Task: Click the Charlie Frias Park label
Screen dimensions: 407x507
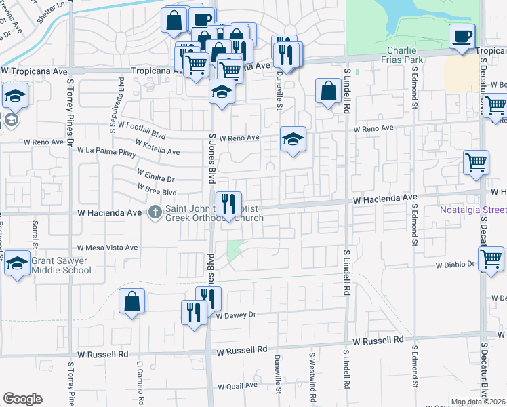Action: [x=405, y=55]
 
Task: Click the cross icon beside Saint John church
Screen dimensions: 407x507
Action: [x=155, y=213]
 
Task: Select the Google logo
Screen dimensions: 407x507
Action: [x=22, y=399]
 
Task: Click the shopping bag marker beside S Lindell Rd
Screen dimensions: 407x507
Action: [x=328, y=92]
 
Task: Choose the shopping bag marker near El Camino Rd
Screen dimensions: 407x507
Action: [x=131, y=301]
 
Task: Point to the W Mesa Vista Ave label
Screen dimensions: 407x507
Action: [x=108, y=248]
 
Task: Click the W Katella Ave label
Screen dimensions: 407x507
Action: [x=157, y=148]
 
